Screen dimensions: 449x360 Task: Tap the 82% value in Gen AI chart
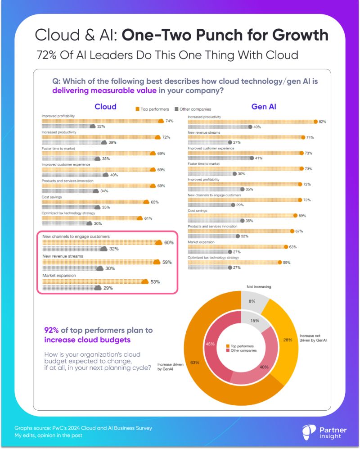[x=322, y=122]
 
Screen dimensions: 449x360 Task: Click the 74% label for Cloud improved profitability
[x=169, y=121]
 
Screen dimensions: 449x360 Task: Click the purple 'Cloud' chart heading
[x=105, y=107]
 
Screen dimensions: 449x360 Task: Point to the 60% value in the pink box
[x=168, y=243]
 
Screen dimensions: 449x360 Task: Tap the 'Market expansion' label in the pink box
[x=59, y=275]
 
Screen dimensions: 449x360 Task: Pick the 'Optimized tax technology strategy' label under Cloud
[x=68, y=213]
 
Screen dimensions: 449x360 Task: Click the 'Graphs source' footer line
[x=83, y=428]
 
